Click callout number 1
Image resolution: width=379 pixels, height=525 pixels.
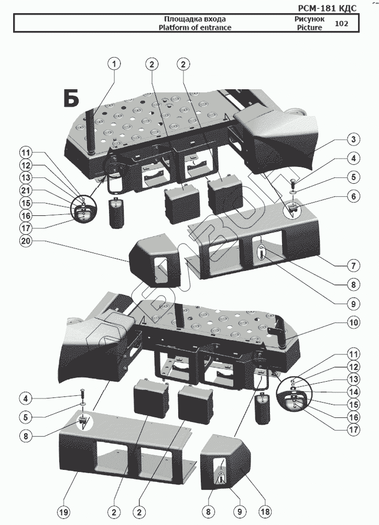coord(114,64)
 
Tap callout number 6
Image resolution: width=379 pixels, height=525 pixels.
coord(354,196)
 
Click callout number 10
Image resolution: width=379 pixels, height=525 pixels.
coord(354,322)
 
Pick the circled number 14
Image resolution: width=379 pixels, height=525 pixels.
coord(354,391)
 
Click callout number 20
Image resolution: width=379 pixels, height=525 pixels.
coord(25,241)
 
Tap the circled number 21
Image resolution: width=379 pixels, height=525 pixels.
coord(25,190)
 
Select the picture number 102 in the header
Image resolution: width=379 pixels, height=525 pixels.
coord(341,24)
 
